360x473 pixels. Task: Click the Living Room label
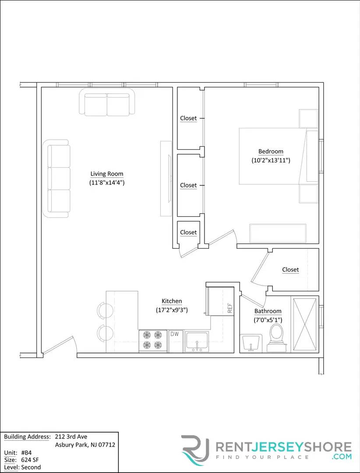pos(107,174)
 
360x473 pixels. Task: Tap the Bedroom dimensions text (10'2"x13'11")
pos(271,161)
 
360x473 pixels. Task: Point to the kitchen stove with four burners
pos(153,341)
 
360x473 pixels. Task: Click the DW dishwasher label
pos(175,334)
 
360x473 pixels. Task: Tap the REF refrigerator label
pos(229,308)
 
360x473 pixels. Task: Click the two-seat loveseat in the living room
pos(107,103)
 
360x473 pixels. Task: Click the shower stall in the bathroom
pos(305,325)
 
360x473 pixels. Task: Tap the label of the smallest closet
pos(188,233)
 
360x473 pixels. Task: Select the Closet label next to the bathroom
pos(290,270)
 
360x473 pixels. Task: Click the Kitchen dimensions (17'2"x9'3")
pos(172,310)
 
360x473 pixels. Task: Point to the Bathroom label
pos(268,311)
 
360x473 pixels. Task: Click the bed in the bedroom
pos(274,155)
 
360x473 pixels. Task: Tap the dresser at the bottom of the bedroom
pos(278,233)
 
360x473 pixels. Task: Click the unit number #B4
pos(26,452)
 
